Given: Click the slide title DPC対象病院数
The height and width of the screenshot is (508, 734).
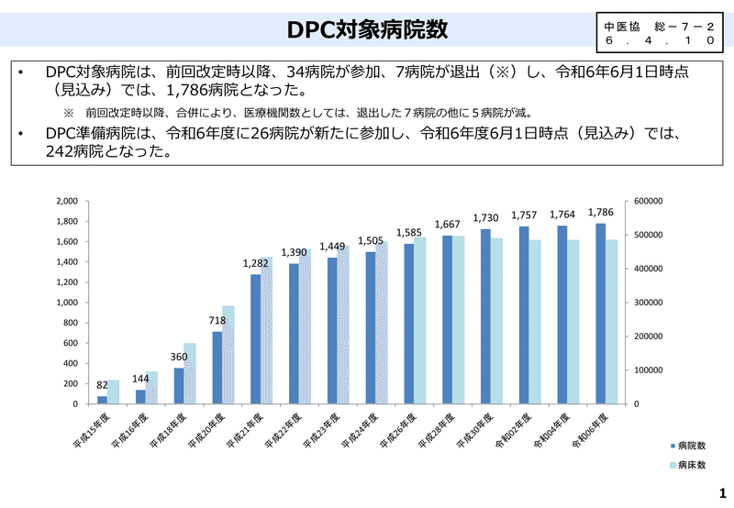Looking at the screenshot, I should [x=366, y=29].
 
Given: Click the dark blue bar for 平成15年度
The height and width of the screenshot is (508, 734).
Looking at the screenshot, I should [x=102, y=400].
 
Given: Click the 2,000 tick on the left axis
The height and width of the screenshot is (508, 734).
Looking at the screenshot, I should [x=66, y=201].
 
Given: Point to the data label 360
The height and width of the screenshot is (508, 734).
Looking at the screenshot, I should [x=180, y=358].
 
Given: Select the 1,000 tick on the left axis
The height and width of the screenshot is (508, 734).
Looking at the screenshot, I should [x=66, y=303].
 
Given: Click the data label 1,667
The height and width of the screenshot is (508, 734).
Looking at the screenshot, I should [x=447, y=225].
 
